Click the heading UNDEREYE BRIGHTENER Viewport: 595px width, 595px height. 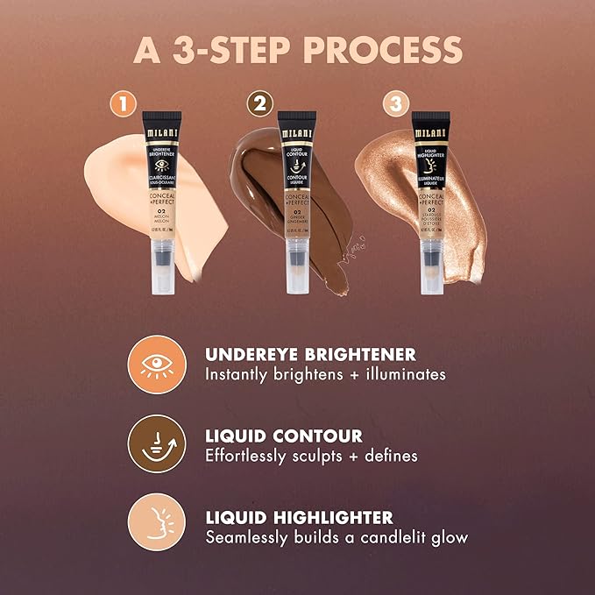pos(310,354)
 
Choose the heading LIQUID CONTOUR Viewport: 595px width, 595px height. pos(283,436)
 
